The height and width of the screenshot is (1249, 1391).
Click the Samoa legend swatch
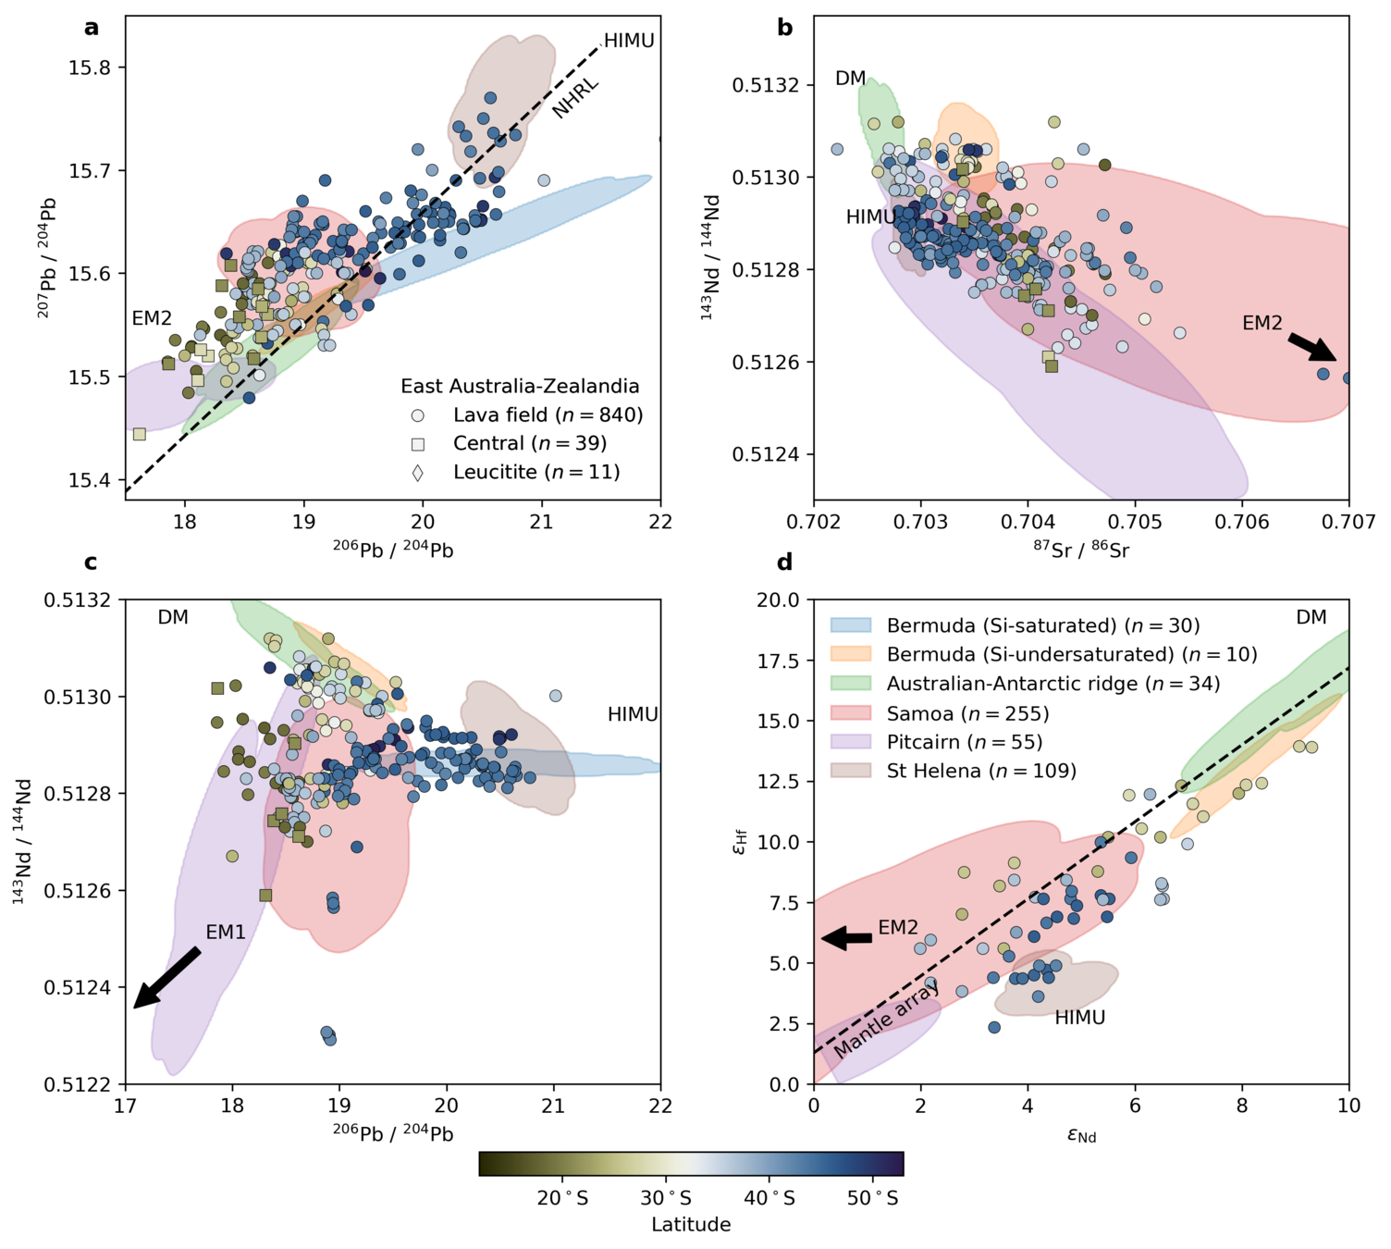pos(851,713)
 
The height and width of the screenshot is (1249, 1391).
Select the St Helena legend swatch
pos(851,771)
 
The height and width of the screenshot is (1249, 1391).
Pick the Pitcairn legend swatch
pos(851,742)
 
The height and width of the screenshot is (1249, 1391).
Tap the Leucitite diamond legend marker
pos(418,473)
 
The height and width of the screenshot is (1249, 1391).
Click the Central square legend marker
pos(418,444)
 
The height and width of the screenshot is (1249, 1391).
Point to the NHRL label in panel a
pos(575,98)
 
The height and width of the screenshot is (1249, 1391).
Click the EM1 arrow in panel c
pos(166,977)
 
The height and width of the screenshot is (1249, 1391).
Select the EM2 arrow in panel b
pos(1312,347)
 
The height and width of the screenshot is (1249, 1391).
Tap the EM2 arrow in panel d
pos(846,938)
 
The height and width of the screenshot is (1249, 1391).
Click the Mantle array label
pos(886,1018)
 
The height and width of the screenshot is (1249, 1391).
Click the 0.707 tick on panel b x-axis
pos(1348,523)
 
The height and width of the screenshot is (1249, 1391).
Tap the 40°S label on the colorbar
pos(769,1199)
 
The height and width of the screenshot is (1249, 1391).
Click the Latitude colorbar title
pos(691,1225)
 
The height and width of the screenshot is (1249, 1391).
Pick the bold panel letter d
pos(784,563)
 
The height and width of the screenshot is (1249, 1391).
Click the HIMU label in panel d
pos(1079,1018)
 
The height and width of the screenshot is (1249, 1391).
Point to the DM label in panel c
pos(173,617)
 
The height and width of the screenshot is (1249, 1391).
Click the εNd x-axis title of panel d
pos(1081,1134)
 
